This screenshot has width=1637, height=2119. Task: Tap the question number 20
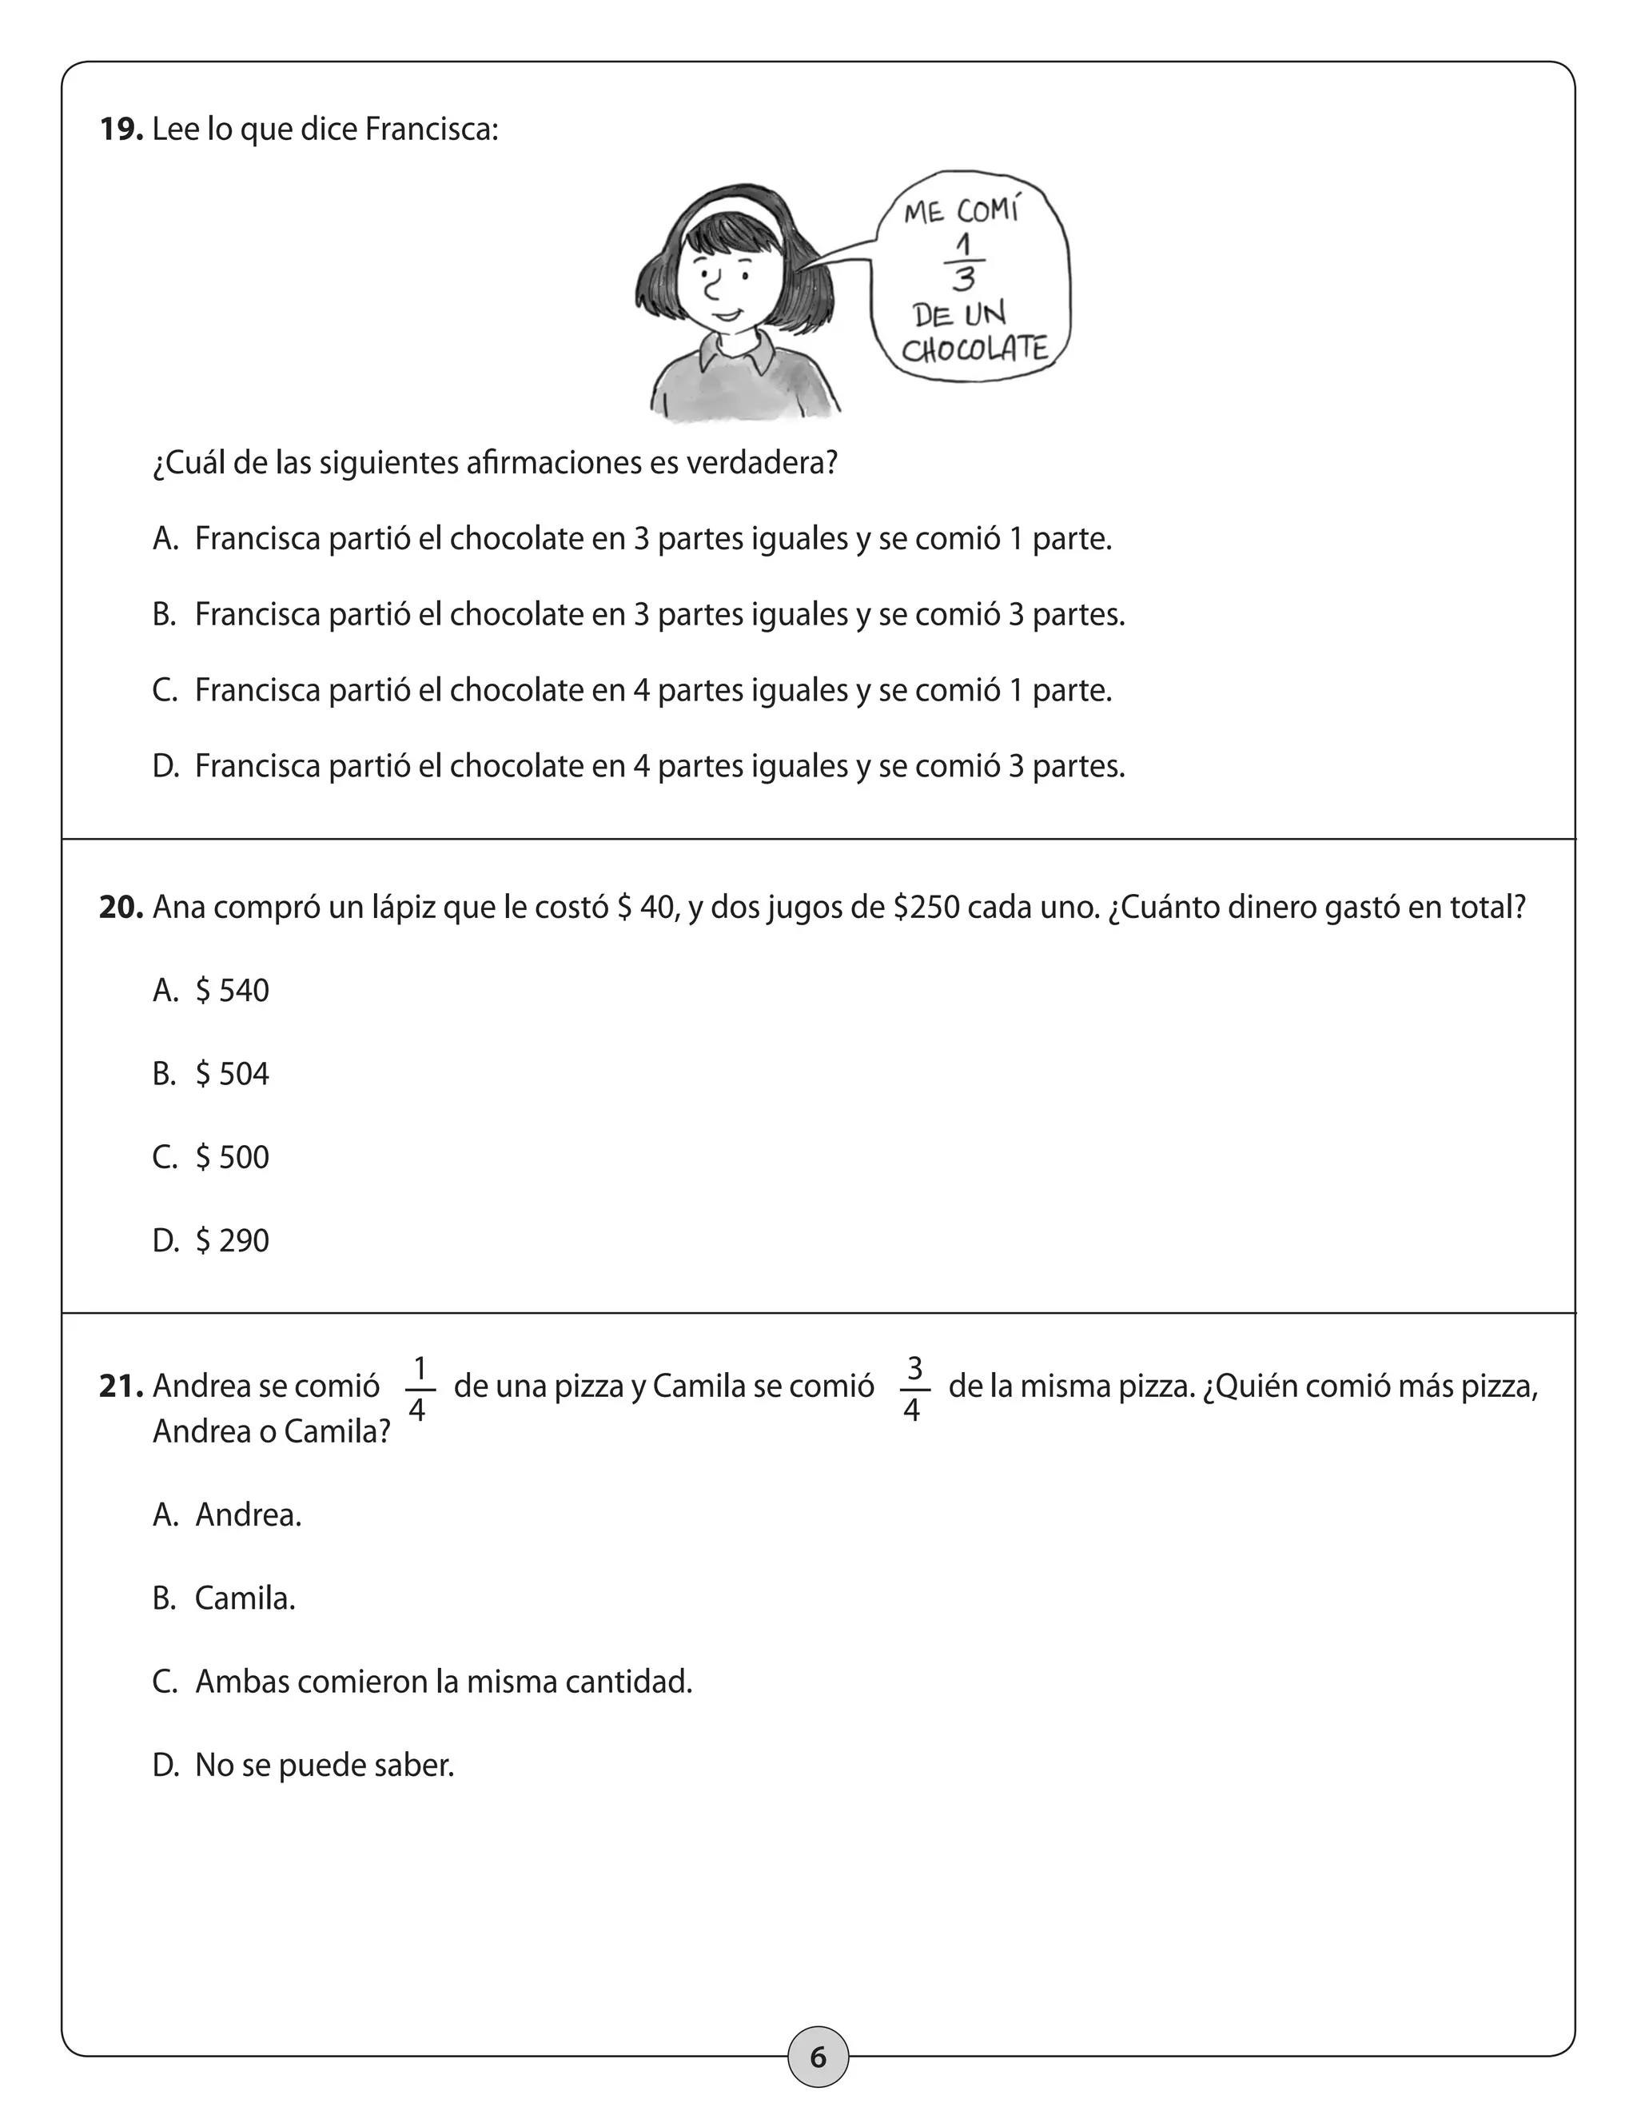(x=121, y=908)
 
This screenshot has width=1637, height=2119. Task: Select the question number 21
(x=121, y=1387)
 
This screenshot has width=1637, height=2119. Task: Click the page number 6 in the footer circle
(x=818, y=2057)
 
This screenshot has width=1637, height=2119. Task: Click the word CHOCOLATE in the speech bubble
(x=974, y=349)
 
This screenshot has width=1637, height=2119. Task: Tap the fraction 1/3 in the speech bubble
(x=963, y=262)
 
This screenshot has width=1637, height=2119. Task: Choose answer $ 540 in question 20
(x=232, y=991)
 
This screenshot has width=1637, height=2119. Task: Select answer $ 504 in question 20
(x=232, y=1074)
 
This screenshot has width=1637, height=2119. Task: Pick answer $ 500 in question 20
(x=232, y=1158)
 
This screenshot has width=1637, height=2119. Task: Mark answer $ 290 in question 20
(x=232, y=1241)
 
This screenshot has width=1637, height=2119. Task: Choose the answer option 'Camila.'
(x=245, y=1598)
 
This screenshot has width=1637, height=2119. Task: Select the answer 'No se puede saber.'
(x=324, y=1765)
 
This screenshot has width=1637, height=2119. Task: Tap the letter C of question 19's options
(x=164, y=691)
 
